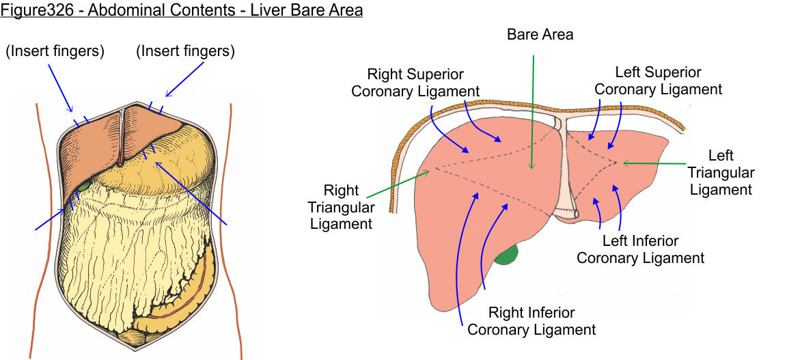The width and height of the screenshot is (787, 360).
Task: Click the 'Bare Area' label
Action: (x=540, y=34)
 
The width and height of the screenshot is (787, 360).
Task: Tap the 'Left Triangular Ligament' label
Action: (x=721, y=173)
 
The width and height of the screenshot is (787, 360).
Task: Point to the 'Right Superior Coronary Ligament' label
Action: (x=415, y=82)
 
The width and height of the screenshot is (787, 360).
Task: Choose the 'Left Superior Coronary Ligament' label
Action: (x=658, y=81)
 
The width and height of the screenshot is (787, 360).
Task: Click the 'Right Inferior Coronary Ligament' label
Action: (x=531, y=321)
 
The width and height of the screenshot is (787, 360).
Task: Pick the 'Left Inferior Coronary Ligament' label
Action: (x=640, y=249)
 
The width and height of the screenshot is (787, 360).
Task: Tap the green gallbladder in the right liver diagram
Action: (x=506, y=255)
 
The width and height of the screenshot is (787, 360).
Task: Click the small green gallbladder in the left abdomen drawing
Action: (x=83, y=184)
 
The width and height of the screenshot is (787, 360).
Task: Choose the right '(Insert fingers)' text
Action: (x=185, y=51)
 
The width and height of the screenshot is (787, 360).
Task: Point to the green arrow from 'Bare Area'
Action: (x=532, y=109)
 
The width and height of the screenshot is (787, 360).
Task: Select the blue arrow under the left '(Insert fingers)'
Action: (x=59, y=88)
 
